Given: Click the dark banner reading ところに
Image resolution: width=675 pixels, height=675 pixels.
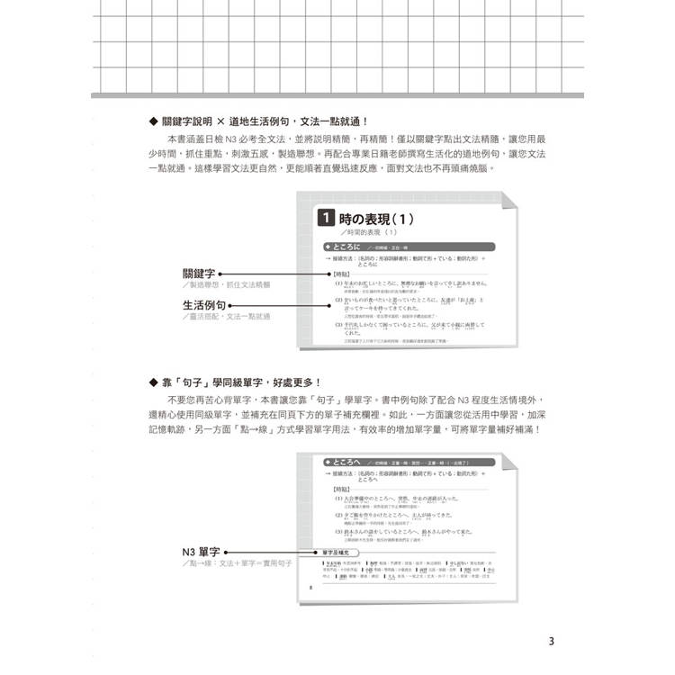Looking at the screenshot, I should pyautogui.click(x=346, y=245).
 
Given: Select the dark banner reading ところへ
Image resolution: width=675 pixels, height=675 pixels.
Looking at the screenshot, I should pyautogui.click(x=346, y=462).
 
